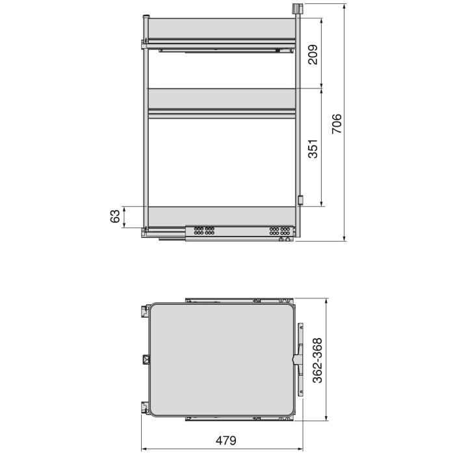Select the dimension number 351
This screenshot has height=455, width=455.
[x=312, y=149]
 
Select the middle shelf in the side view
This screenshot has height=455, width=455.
[x=221, y=97]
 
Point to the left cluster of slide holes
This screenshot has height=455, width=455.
[x=204, y=230]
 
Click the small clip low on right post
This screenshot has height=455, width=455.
[x=300, y=200]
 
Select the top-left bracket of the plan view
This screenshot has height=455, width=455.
[x=143, y=310]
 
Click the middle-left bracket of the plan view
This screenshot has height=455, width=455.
[x=146, y=359]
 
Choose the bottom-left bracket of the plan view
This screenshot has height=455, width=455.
[x=143, y=407]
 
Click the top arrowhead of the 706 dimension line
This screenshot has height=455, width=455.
[x=344, y=5]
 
